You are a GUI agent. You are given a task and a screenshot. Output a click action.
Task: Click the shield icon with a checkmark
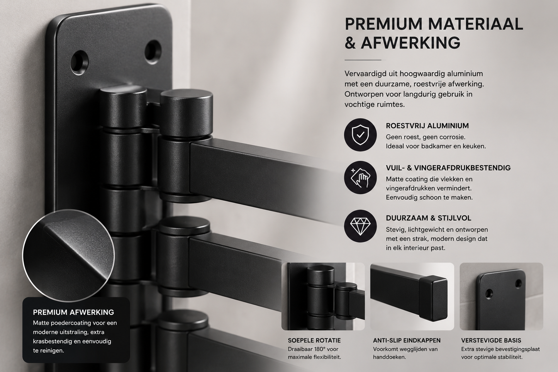click(360, 135)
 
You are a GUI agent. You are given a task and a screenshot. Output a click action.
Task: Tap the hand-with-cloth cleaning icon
click(360, 177)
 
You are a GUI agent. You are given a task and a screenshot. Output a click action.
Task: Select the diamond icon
click(360, 226)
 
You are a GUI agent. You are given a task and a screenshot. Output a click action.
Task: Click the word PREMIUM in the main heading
click(383, 24)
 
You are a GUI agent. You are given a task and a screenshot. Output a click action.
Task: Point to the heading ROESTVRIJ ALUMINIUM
click(427, 126)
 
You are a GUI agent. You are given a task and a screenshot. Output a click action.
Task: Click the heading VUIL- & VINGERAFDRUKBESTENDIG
click(448, 168)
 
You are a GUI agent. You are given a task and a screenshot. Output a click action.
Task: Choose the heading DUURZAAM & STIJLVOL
click(429, 218)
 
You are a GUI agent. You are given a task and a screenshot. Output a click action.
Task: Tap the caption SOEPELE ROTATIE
click(314, 340)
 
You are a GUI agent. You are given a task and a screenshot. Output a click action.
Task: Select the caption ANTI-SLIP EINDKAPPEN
click(407, 340)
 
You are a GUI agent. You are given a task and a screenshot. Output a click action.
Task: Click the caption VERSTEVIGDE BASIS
click(491, 340)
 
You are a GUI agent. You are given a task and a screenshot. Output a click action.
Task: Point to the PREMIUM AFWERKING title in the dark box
click(73, 312)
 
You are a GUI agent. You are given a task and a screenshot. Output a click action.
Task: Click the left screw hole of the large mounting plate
click(80, 63)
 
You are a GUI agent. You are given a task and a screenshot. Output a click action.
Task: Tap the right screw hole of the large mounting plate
click(153, 52)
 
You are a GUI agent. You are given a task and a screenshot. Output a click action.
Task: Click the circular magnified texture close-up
click(68, 255)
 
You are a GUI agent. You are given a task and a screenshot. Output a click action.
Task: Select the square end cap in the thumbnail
click(433, 298)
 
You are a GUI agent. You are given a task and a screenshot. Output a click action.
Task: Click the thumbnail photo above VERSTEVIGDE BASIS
click(501, 297)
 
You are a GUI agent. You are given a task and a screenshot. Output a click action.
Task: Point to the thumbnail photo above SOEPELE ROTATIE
click(323, 297)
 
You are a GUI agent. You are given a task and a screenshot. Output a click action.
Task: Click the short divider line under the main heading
click(363, 60)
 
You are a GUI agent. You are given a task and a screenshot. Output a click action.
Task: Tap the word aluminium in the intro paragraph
click(465, 74)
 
